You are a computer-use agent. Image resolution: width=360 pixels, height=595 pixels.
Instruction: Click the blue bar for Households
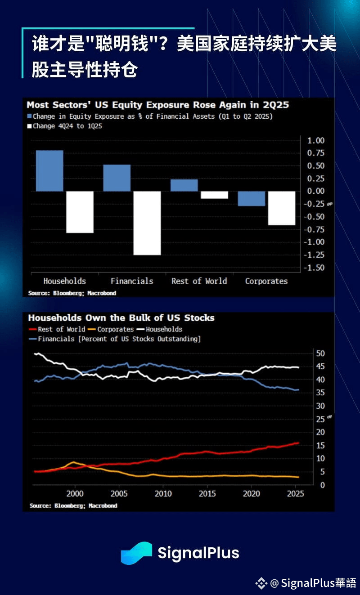click(49, 170)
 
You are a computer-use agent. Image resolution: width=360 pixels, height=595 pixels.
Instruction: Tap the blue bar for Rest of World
click(184, 185)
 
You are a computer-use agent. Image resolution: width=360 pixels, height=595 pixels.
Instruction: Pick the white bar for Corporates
click(281, 208)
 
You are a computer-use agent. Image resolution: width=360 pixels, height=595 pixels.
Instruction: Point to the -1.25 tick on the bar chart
click(315, 255)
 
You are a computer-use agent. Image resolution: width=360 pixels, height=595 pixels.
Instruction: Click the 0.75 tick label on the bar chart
click(315, 153)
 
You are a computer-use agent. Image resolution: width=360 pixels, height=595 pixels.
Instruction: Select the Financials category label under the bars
click(132, 281)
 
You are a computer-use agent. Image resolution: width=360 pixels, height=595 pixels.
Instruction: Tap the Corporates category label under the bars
click(266, 281)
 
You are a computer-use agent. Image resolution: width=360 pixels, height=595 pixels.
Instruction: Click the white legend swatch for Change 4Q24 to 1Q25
click(30, 126)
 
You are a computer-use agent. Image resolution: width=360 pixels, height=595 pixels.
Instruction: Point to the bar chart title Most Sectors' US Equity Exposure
click(157, 105)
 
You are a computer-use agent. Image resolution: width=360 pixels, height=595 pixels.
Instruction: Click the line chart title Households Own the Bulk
click(121, 318)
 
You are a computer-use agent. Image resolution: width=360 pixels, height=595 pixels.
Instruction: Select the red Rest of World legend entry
click(57, 329)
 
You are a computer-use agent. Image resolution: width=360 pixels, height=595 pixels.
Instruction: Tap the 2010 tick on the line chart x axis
click(163, 493)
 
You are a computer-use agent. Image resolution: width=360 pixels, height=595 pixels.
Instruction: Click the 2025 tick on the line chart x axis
click(295, 493)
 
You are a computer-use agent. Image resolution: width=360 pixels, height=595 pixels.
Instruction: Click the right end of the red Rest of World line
click(298, 443)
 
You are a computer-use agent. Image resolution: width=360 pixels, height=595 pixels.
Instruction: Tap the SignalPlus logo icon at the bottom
click(136, 553)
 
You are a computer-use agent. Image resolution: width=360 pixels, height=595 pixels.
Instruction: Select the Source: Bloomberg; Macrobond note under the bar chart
click(72, 293)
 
